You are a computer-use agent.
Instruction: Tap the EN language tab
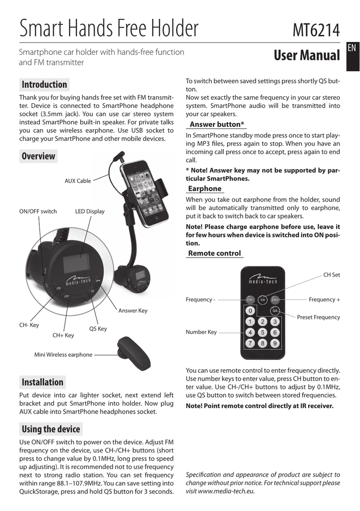tap(351, 48)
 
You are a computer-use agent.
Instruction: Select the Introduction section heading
tap(44, 84)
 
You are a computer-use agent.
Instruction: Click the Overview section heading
tap(38, 156)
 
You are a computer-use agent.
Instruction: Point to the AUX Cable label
tap(78, 181)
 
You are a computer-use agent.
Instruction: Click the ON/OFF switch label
tap(38, 211)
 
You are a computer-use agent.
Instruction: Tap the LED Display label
tap(90, 211)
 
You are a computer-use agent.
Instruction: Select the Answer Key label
tap(133, 310)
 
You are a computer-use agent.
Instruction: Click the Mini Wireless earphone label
tap(63, 355)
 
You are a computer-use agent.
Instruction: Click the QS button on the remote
tap(274, 310)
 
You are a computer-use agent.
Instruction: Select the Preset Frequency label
tap(318, 317)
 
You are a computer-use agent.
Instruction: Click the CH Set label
tap(332, 274)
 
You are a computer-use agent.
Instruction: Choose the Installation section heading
tap(42, 382)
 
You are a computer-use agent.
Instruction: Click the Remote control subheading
tap(214, 253)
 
